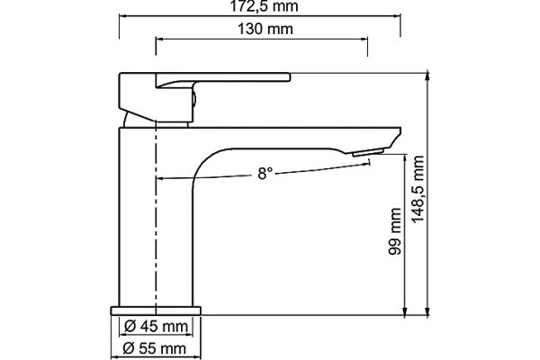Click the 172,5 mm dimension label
[x=264, y=6]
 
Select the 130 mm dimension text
[x=265, y=29]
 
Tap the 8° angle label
[x=265, y=174]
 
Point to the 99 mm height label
[x=395, y=231]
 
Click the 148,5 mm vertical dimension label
[x=418, y=189]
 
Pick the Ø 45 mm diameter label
[x=156, y=326]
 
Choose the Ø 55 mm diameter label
[x=155, y=348]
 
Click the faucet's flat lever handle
[x=223, y=78]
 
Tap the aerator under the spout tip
[x=368, y=152]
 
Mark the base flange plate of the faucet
[x=156, y=310]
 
